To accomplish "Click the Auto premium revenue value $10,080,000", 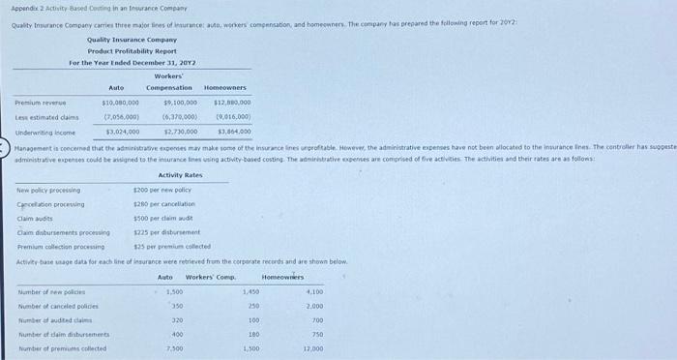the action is [x=121, y=102].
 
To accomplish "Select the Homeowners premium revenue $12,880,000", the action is [x=232, y=102].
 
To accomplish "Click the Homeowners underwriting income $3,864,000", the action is [x=233, y=131].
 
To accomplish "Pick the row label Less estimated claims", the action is [x=46, y=116].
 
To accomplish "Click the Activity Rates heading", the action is [x=180, y=175].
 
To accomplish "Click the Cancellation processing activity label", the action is [x=50, y=204].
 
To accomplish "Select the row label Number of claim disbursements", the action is [x=59, y=334].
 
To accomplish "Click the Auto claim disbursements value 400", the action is [x=176, y=334].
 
